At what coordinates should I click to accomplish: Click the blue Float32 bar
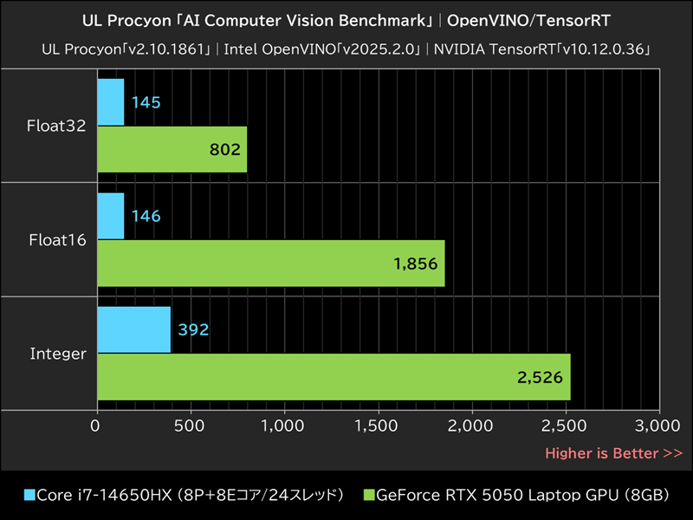pos(111,102)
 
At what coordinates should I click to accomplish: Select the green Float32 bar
pos(172,149)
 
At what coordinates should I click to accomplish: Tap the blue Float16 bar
pos(111,216)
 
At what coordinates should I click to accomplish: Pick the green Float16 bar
pos(271,263)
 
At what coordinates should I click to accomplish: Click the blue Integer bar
pos(134,329)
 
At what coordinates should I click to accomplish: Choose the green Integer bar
pos(334,376)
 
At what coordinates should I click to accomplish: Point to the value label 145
pos(146,103)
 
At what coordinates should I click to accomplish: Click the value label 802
pos(224,150)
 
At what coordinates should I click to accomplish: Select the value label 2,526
pos(541,377)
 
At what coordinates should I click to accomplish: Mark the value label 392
pos(194,330)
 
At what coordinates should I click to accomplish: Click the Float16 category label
pos(57,240)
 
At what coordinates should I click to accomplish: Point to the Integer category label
pos(58,354)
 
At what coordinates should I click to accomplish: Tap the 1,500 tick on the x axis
pos(379,426)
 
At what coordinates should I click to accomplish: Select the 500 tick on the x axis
pos(190,426)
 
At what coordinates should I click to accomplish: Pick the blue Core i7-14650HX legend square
pos(30,496)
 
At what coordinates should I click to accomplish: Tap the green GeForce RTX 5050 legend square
pos(369,496)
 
